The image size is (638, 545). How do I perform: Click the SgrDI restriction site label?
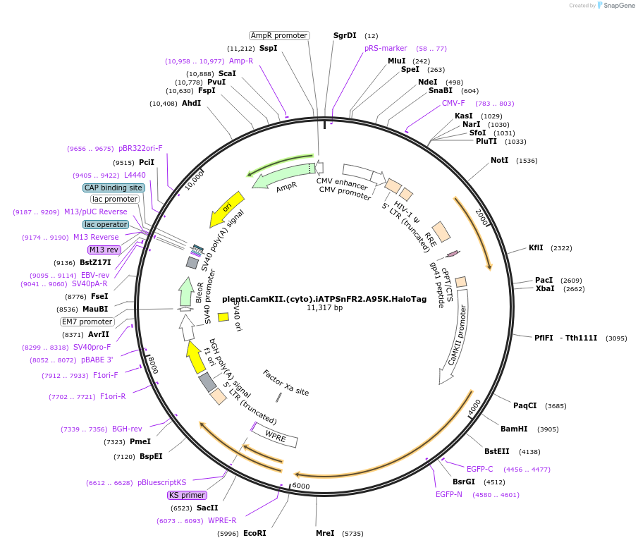pos(345,35)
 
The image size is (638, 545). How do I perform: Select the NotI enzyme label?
pos(499,160)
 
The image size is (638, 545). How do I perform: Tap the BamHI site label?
pos(514,429)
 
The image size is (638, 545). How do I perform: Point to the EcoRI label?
pos(254,533)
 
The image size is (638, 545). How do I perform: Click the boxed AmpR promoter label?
pos(279,35)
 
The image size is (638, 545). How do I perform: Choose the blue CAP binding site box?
pos(114,188)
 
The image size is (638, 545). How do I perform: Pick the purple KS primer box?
pos(187,495)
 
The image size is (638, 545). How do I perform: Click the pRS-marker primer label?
pos(386,48)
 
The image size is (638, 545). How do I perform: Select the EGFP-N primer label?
pos(448,494)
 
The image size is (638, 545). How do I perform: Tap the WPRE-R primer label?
pos(222,520)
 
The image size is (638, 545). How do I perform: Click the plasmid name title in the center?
pos(324,299)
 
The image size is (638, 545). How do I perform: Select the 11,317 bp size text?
pos(324,308)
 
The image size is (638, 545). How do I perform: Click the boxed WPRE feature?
pos(276,436)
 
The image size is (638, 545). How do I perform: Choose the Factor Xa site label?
pos(286,382)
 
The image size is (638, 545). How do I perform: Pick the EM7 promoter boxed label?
pos(87,322)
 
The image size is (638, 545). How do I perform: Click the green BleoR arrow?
pos(186,292)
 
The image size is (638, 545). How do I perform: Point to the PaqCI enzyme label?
pos(524,405)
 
